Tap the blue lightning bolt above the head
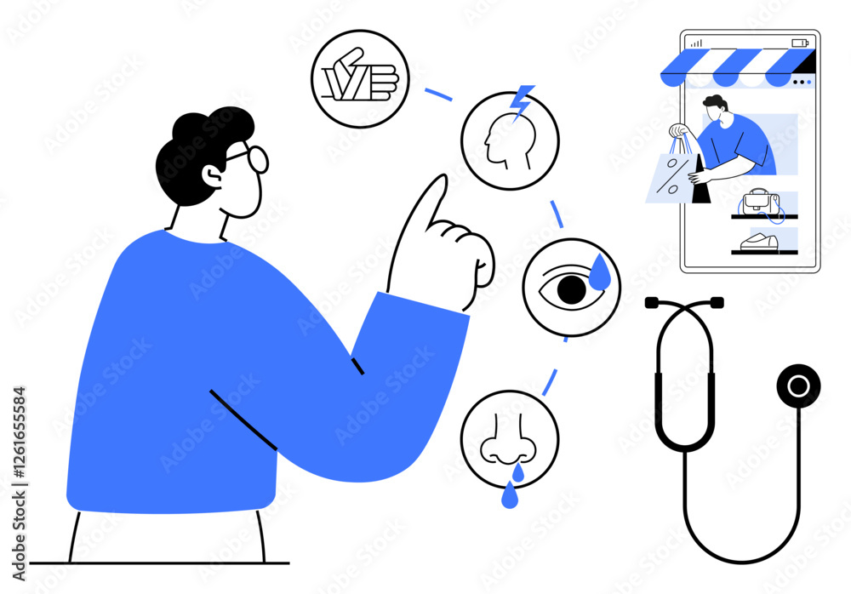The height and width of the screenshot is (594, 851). (x=523, y=101)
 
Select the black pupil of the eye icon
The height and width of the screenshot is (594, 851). (x=572, y=289)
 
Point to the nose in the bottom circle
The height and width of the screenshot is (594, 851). (x=508, y=439)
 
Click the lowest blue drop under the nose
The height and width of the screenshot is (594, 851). (x=509, y=496)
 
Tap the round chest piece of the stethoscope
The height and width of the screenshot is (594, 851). (x=798, y=386)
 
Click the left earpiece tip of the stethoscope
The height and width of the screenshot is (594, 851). (x=651, y=303)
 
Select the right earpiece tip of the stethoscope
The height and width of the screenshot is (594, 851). (x=717, y=302)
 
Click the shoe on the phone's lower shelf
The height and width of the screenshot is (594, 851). (x=759, y=243)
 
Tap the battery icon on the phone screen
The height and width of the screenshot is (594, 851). (x=800, y=43)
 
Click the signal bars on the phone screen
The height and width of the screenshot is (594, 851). (x=697, y=43)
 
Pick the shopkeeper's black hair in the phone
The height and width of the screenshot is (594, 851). (x=715, y=101)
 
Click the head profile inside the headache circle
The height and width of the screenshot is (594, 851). (x=509, y=140)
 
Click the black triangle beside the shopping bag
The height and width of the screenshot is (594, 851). (x=700, y=180)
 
